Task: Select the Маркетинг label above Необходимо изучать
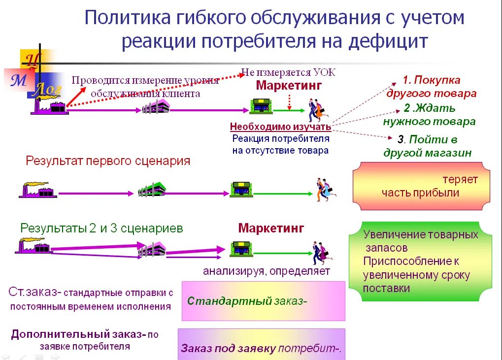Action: click(x=289, y=85)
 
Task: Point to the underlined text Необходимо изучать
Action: click(x=280, y=127)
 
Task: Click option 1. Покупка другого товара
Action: click(x=431, y=87)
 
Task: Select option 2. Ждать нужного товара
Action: click(x=429, y=115)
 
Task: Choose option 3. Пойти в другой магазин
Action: click(x=427, y=146)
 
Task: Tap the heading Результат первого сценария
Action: click(x=108, y=161)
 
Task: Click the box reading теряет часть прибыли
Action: click(x=422, y=186)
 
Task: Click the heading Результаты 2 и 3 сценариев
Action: click(x=101, y=229)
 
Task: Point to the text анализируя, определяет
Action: click(x=267, y=271)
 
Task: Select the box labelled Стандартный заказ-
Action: click(x=263, y=301)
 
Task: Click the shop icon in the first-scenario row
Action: click(x=241, y=189)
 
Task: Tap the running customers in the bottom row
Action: click(x=321, y=253)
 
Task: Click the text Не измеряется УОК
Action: click(x=288, y=72)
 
